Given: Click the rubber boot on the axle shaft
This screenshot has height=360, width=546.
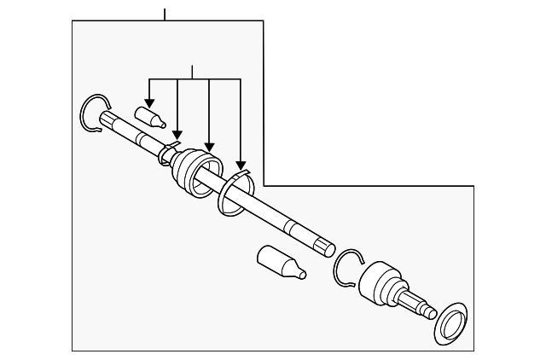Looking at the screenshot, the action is point(195,173).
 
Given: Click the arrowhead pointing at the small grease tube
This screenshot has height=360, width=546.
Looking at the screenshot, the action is point(149,99).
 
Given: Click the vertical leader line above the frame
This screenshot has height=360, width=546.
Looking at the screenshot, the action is point(165,12).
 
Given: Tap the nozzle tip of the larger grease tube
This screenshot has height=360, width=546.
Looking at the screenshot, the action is point(300,275).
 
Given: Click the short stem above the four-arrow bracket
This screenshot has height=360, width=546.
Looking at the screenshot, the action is point(193,72).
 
